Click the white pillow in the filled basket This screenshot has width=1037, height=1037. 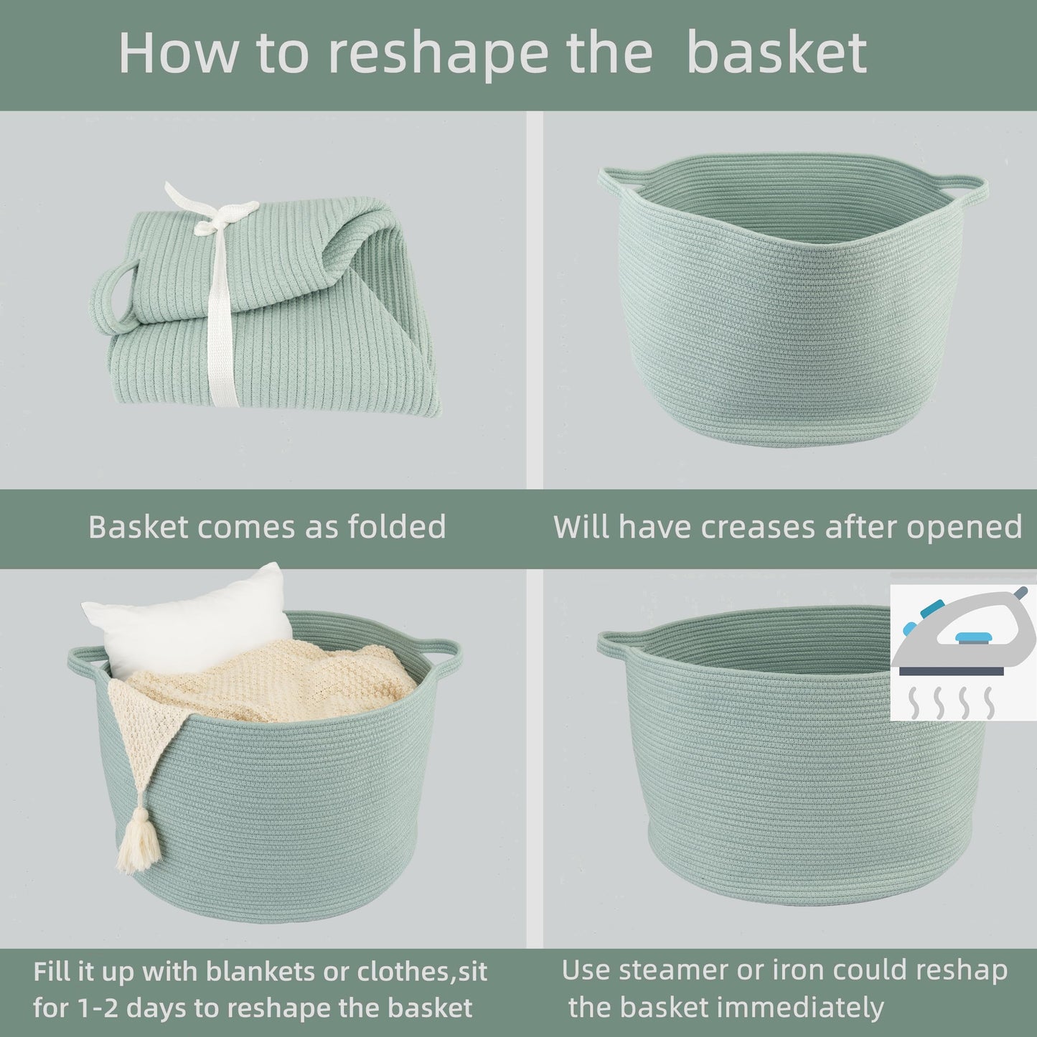click(190, 621)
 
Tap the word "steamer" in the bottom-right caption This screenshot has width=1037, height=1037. click(672, 970)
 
